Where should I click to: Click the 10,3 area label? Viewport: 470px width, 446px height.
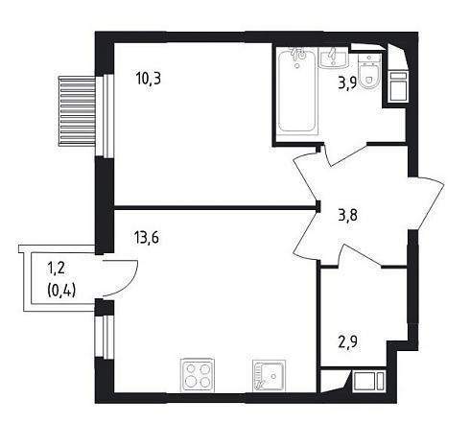(x=149, y=79)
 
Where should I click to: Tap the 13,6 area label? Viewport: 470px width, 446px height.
(x=147, y=238)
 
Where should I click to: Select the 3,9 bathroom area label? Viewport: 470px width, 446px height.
(x=347, y=85)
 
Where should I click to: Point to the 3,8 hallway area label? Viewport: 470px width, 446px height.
(x=348, y=215)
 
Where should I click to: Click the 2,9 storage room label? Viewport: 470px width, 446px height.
(x=348, y=342)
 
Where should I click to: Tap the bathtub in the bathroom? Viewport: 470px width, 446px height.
(x=296, y=91)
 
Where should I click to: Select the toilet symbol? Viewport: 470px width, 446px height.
(x=369, y=71)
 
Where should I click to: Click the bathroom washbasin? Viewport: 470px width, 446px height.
(x=334, y=58)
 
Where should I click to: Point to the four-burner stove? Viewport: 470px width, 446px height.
(x=198, y=375)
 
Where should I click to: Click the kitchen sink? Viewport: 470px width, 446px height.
(x=269, y=376)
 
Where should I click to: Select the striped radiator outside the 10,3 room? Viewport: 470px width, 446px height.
(x=77, y=111)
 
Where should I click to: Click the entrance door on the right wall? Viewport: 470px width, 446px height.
(x=427, y=202)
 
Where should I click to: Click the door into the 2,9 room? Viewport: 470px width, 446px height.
(x=362, y=255)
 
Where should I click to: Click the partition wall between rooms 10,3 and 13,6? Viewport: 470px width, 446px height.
(x=215, y=208)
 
